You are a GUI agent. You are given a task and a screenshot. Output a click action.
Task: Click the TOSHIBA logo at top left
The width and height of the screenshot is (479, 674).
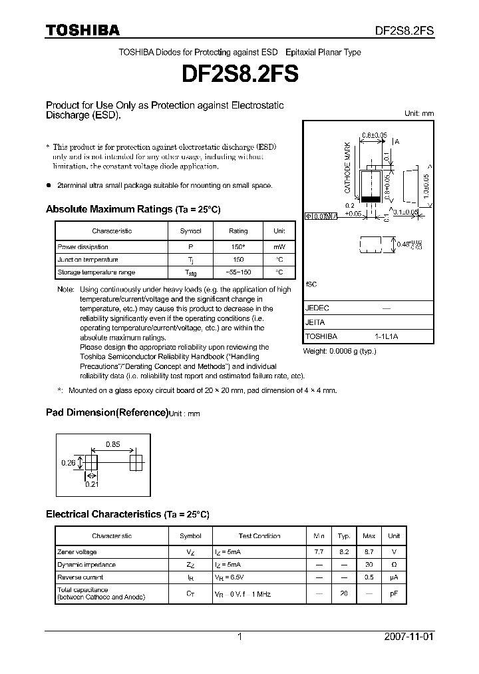(x=82, y=30)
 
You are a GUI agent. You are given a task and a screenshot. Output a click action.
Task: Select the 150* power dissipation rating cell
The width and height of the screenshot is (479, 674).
(x=238, y=246)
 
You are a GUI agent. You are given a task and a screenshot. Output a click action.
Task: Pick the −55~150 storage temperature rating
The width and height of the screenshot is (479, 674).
(x=238, y=272)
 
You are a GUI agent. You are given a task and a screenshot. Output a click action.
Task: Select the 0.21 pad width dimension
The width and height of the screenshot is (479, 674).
(x=91, y=484)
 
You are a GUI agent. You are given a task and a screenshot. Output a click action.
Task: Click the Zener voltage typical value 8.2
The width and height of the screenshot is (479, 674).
(x=343, y=552)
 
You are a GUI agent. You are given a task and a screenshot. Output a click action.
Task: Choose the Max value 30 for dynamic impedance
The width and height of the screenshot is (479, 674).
(x=369, y=565)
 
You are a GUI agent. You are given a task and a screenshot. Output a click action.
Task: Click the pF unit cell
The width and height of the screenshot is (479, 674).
(x=394, y=593)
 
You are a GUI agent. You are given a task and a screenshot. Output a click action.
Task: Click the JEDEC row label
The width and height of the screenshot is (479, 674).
(x=317, y=308)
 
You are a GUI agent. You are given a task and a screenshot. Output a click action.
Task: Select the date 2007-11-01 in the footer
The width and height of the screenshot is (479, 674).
(x=409, y=637)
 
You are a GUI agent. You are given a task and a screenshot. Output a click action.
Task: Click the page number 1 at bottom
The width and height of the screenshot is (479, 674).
(x=239, y=637)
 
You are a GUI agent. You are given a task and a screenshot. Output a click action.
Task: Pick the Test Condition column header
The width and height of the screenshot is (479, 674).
(x=259, y=535)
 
